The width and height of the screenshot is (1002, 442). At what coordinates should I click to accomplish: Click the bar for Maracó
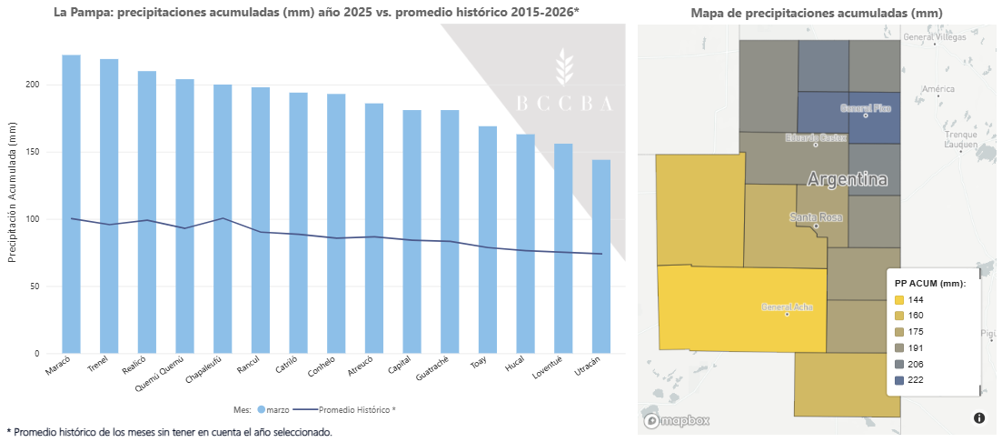click(71, 204)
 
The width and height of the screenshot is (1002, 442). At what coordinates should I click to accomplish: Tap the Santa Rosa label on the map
click(816, 217)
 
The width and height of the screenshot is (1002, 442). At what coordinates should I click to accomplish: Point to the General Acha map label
click(787, 306)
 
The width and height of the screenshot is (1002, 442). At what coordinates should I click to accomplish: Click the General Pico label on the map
click(865, 108)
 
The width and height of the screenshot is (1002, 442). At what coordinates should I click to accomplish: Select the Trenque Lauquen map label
click(959, 139)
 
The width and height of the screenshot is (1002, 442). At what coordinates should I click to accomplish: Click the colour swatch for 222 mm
click(899, 380)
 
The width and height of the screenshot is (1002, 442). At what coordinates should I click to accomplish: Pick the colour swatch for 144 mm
click(899, 300)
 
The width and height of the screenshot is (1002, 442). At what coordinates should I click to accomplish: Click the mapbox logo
click(677, 420)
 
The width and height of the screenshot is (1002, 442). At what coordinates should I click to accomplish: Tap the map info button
click(979, 418)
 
